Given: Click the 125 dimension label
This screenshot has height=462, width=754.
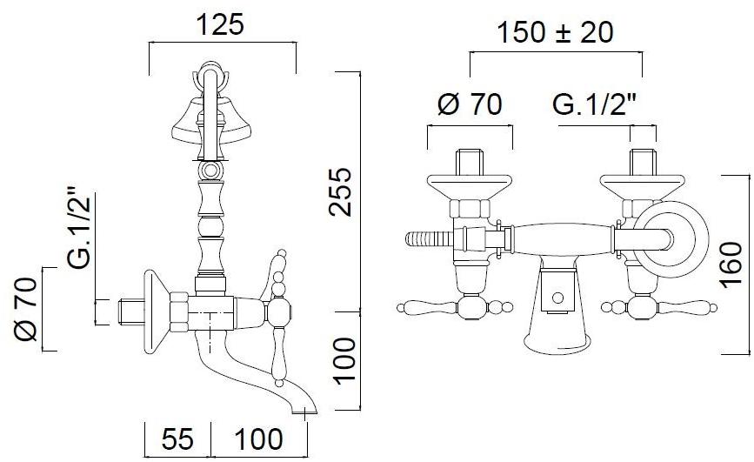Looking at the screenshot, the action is pos(221,24).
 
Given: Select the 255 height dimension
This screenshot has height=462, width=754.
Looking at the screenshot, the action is pos(341,191).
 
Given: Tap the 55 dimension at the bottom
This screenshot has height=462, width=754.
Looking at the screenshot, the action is pos(177,439).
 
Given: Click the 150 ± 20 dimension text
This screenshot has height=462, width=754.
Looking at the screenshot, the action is pos(555,33).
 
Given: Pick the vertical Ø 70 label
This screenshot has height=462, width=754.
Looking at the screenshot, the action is pos(25,310).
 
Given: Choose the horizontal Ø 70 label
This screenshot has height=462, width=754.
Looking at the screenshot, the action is pos(470,104).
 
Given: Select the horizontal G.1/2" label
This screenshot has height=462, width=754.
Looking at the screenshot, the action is pos(594,104).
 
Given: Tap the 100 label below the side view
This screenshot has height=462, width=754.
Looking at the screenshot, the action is pos(258,439).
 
